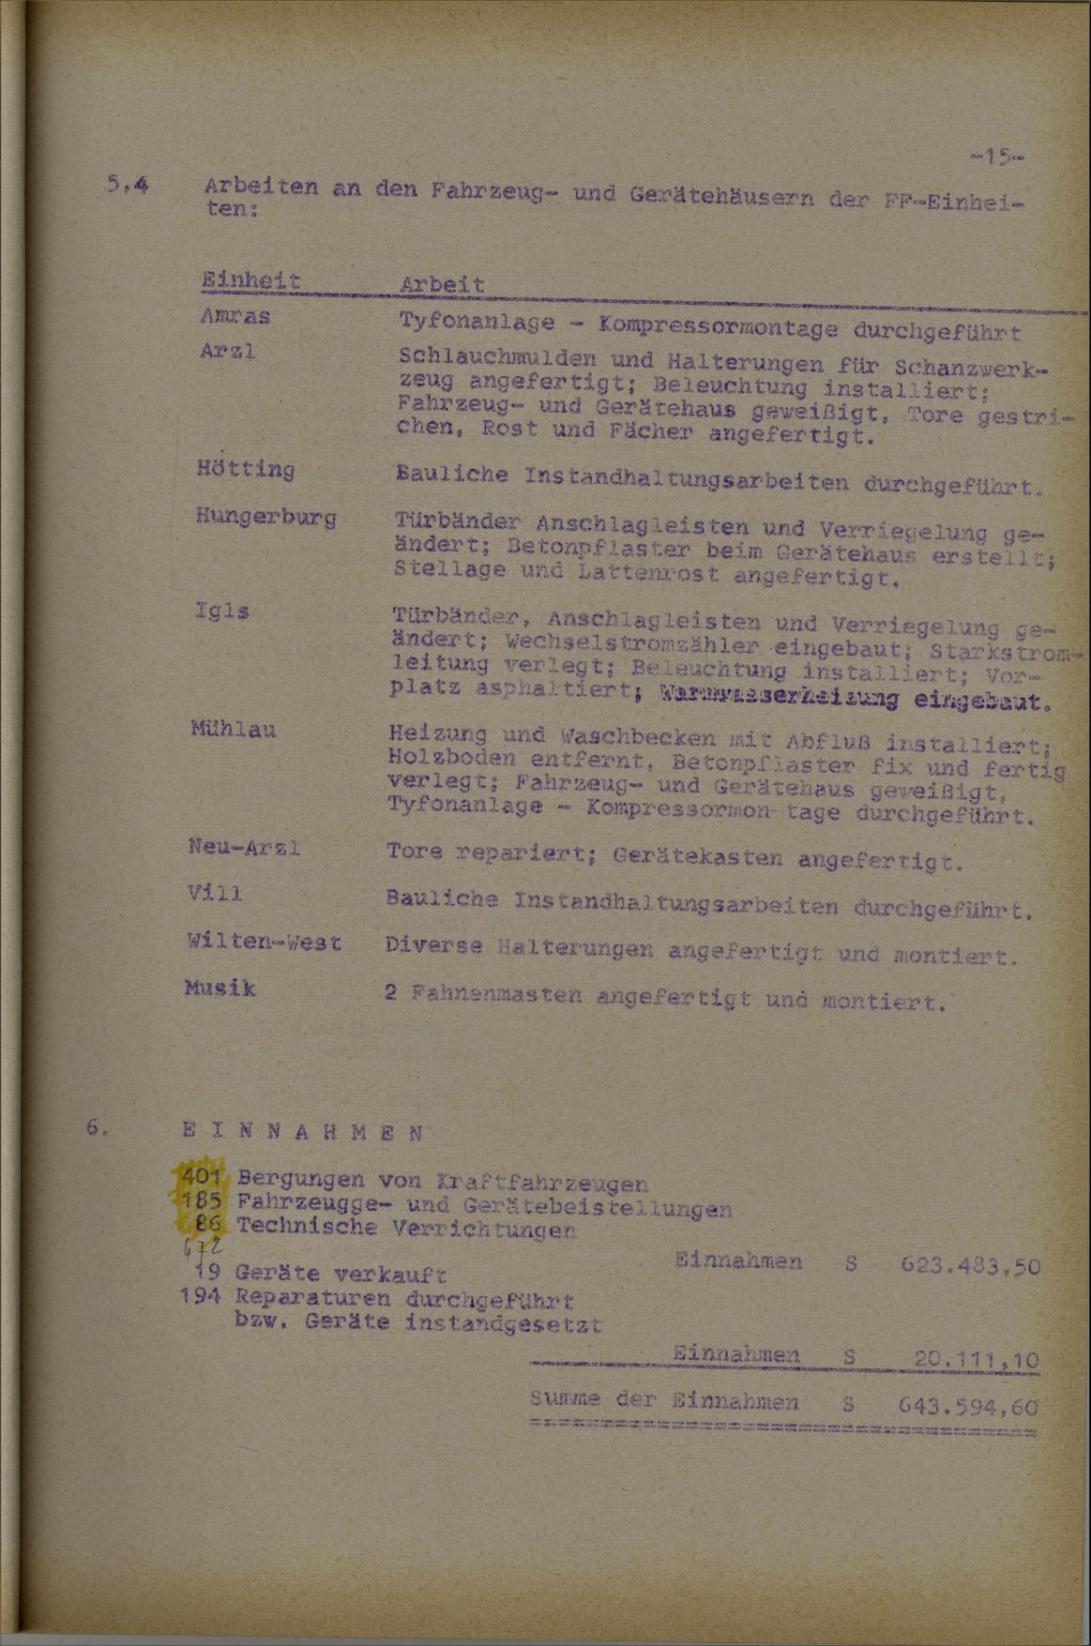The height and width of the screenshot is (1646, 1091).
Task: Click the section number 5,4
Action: tap(127, 187)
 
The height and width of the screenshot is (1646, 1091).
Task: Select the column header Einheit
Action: tap(250, 280)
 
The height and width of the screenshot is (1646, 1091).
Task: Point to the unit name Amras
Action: tap(235, 316)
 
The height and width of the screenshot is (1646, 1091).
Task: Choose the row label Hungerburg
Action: tap(266, 517)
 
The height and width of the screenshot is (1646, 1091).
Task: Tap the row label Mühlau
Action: tap(232, 728)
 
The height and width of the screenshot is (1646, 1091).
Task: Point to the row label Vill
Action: tap(214, 894)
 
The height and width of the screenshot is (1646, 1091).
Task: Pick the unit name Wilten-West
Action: tap(264, 941)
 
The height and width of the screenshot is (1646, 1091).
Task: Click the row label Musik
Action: tap(221, 988)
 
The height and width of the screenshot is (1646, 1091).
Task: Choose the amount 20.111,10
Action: tap(976, 1358)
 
